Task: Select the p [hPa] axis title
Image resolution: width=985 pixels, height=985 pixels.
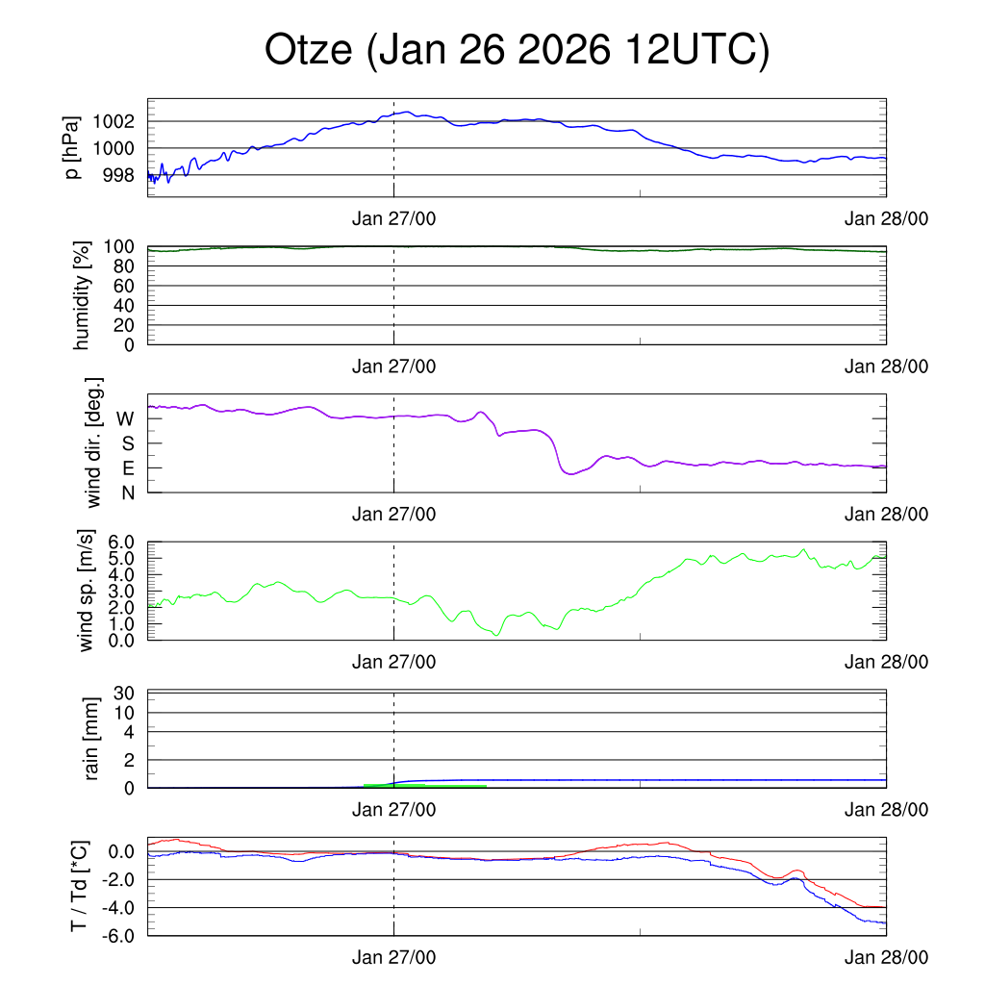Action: coord(73,147)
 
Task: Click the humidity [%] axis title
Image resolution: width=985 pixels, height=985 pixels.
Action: coord(82,295)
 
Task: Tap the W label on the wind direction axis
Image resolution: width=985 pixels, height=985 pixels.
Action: coord(125,419)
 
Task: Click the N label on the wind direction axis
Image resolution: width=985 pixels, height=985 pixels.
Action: coord(127,492)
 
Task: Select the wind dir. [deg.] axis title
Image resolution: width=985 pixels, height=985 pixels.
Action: coord(94,442)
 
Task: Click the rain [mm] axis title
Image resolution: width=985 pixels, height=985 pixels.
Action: coord(92,739)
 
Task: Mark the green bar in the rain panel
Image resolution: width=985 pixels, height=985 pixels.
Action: coord(425,786)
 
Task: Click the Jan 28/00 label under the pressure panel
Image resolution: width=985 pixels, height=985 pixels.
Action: coord(886,219)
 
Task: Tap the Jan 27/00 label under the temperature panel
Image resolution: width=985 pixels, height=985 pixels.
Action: coord(393,957)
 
